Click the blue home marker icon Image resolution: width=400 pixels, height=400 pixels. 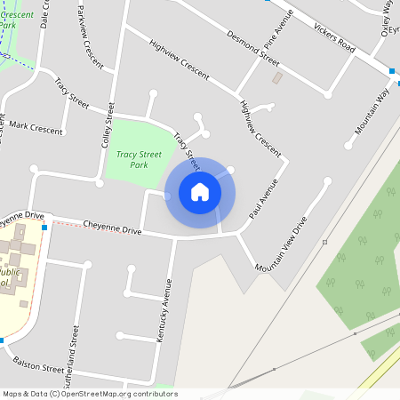pyautogui.click(x=200, y=191)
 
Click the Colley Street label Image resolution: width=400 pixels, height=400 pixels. pyautogui.click(x=108, y=125)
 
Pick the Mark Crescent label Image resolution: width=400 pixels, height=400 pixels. pyautogui.click(x=36, y=128)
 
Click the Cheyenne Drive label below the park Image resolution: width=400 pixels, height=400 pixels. pyautogui.click(x=112, y=228)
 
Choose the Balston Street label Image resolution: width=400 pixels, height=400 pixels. pyautogui.click(x=39, y=364)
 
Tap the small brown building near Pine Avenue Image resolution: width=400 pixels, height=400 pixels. pyautogui.click(x=276, y=78)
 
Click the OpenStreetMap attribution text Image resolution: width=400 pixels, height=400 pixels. pyautogui.click(x=90, y=394)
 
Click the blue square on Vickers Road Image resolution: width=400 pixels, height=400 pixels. pyautogui.click(x=392, y=70)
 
